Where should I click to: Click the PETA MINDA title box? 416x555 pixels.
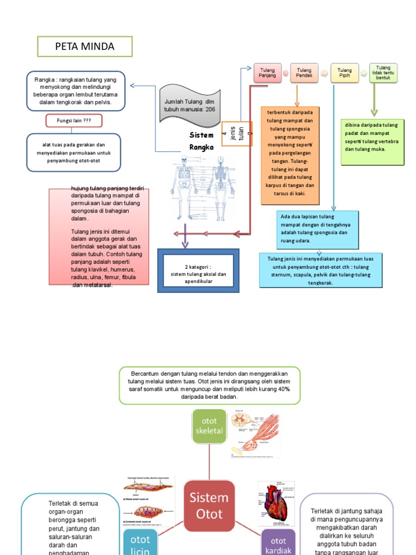(x=84, y=47)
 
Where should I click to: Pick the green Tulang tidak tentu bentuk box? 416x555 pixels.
(x=383, y=73)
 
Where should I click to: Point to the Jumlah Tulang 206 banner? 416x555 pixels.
(x=190, y=105)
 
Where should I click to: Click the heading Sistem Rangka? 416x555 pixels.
(x=201, y=141)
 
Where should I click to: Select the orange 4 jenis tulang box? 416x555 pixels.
(x=237, y=134)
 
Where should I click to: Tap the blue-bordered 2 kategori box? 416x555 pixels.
(x=198, y=270)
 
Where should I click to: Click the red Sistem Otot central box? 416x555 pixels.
(x=209, y=505)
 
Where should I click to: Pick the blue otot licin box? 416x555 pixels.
(x=140, y=540)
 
